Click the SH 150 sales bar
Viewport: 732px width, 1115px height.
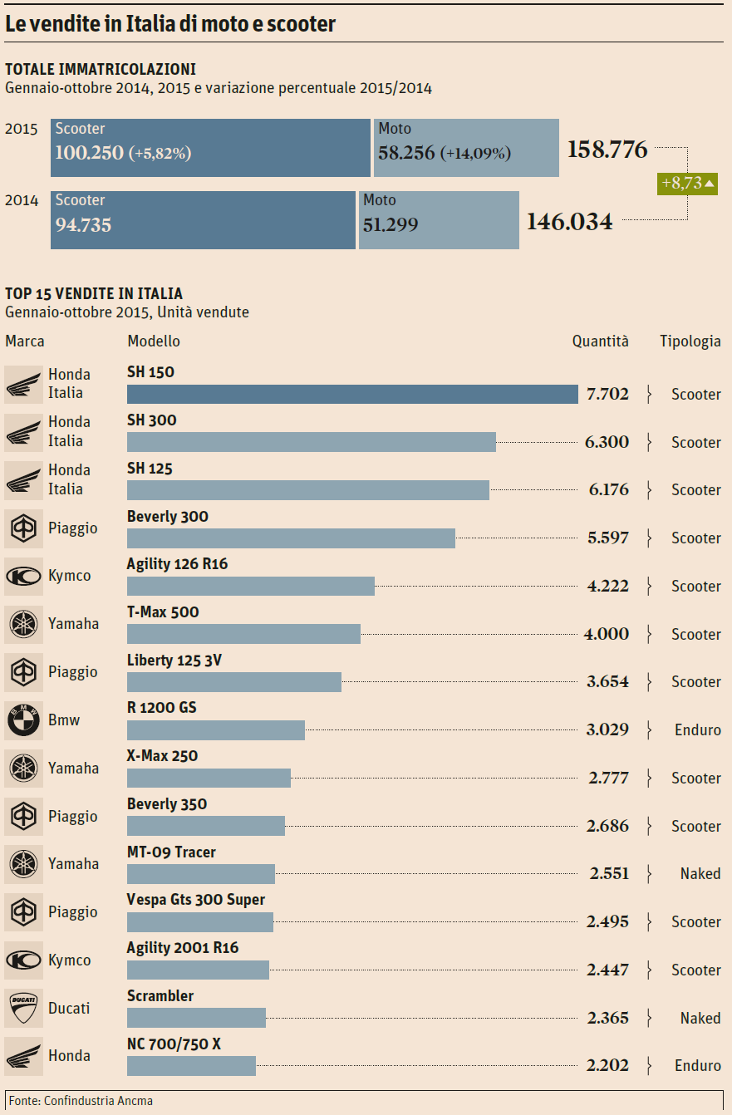[352, 394]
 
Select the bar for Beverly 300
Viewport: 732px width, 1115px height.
[291, 538]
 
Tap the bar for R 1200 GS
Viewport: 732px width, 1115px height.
[216, 730]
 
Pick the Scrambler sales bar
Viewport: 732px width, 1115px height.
[196, 1018]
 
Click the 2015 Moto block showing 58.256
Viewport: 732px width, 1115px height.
[466, 147]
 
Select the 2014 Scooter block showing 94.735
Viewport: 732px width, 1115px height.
[203, 219]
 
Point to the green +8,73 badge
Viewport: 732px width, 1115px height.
[687, 184]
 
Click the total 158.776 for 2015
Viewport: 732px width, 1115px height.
[607, 150]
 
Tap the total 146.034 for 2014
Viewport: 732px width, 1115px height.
[570, 222]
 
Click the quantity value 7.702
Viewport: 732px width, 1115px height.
[607, 395]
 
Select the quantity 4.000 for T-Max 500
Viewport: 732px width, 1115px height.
[607, 634]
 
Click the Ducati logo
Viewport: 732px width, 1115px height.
[23, 1009]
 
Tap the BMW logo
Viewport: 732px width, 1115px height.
[23, 720]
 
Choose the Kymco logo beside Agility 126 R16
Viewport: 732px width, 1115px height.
[23, 577]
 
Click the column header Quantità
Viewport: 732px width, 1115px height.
[600, 341]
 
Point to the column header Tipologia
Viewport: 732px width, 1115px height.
[690, 341]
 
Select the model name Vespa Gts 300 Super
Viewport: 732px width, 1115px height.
[196, 900]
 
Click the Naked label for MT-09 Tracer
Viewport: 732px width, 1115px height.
[700, 873]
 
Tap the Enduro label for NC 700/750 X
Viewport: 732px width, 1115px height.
[697, 1065]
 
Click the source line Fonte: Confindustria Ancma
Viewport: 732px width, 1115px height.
[81, 1101]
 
